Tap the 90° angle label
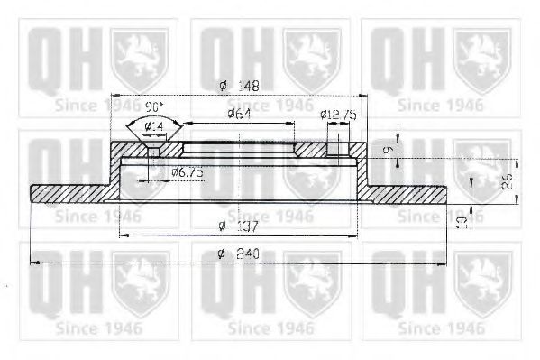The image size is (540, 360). pos(155,106)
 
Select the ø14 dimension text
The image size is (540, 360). pos(152,127)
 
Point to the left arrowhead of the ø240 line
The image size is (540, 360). pos(35,263)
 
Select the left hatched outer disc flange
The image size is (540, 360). pos(70,194)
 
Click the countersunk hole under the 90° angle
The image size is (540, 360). pos(154,148)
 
